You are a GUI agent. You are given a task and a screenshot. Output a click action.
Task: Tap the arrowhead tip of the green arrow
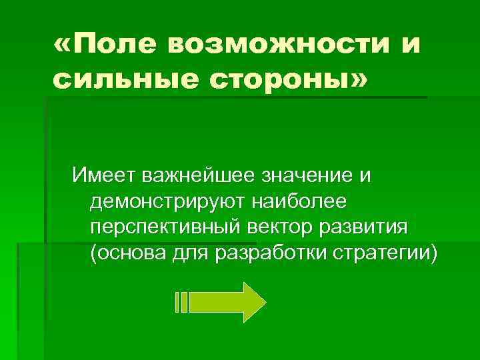264,301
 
